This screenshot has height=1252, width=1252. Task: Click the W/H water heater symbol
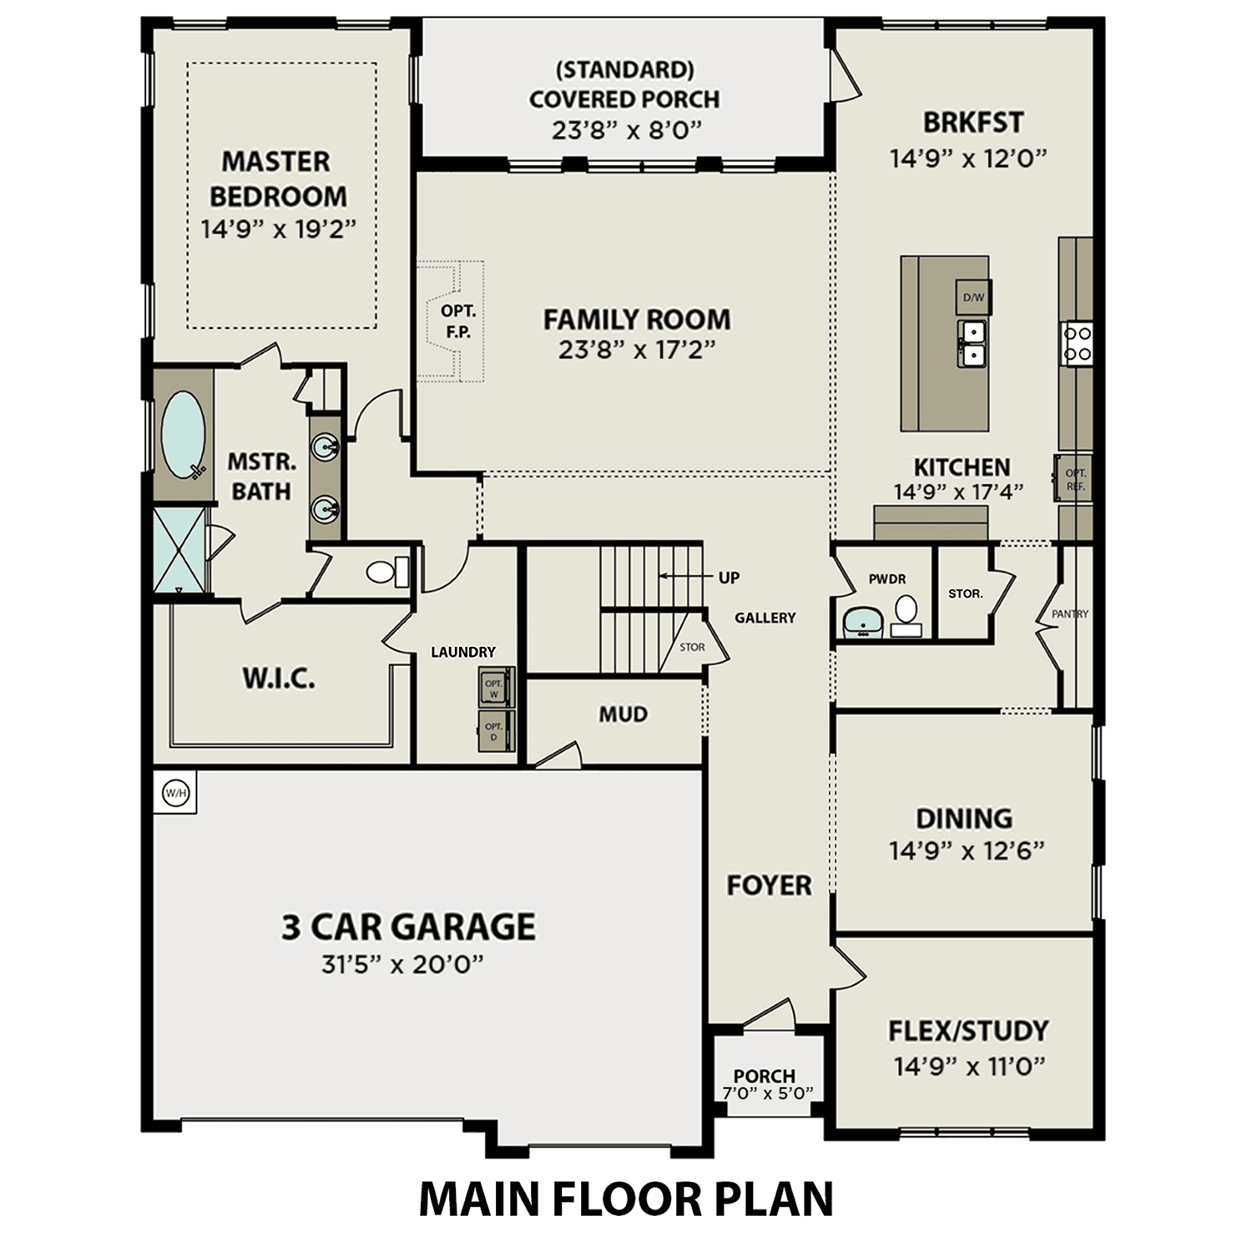(x=175, y=792)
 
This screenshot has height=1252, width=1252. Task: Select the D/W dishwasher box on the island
(x=973, y=297)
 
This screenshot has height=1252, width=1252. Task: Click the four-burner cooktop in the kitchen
(x=1076, y=343)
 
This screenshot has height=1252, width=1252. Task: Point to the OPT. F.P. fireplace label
(x=458, y=321)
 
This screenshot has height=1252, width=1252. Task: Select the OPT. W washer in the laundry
(x=494, y=688)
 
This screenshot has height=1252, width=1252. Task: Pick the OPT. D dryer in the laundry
(x=494, y=731)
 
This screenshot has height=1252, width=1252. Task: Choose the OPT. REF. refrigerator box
(x=1075, y=479)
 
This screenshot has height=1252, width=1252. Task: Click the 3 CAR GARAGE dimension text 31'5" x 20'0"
(x=403, y=965)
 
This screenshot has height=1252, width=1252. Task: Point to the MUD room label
(x=623, y=714)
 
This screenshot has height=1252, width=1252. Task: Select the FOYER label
(x=769, y=885)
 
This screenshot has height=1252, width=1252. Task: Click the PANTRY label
(x=1070, y=614)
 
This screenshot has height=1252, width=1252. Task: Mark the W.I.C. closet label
(x=279, y=679)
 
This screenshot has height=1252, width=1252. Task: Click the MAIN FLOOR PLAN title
(x=625, y=1199)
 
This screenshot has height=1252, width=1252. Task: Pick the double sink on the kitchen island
(x=972, y=344)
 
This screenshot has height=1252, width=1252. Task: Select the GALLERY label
(x=765, y=618)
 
